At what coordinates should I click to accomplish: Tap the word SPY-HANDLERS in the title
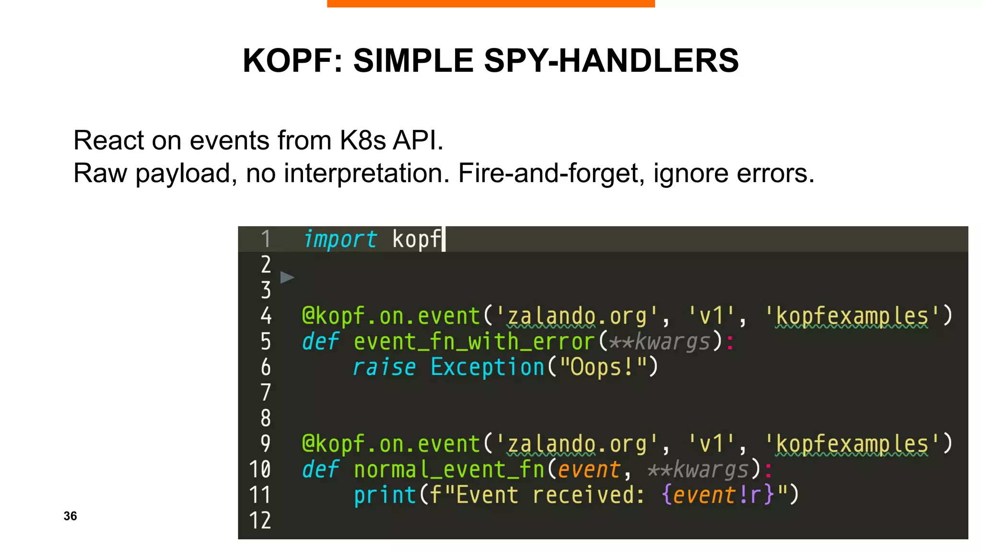[x=611, y=61]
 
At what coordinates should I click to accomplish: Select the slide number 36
[x=70, y=516]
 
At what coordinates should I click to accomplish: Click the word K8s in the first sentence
[x=362, y=140]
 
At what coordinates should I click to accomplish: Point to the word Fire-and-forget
[x=551, y=173]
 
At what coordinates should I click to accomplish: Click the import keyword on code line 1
[x=340, y=239]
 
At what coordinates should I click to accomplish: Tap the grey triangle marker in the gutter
[x=287, y=277]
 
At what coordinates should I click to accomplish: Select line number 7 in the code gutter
[x=266, y=392]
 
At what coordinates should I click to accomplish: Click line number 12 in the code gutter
[x=260, y=520]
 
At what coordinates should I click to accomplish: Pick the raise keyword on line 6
[x=384, y=368]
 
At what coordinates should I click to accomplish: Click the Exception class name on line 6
[x=487, y=368]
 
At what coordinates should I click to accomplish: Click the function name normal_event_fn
[x=449, y=470]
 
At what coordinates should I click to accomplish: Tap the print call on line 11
[x=385, y=495]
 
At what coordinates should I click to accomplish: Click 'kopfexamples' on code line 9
[x=852, y=444]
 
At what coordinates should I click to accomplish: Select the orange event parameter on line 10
[x=589, y=470]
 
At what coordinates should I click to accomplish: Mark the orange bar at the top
[x=491, y=3]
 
